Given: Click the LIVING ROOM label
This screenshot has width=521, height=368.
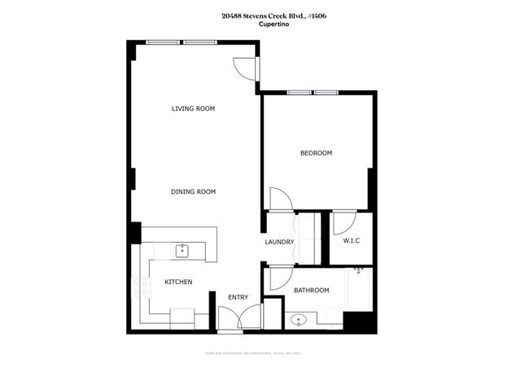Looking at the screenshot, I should click(x=193, y=108).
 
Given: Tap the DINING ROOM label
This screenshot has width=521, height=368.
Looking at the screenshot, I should click(x=193, y=191).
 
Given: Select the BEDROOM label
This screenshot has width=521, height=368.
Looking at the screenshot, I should click(x=316, y=153).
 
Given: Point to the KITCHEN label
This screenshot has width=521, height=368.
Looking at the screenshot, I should click(x=178, y=282).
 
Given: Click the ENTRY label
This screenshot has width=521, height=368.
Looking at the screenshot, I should click(x=238, y=297).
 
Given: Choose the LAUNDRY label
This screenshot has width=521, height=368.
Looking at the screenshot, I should click(x=278, y=242).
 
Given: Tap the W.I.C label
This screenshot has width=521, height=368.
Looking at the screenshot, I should click(x=352, y=241).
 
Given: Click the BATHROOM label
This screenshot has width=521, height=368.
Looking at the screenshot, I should click(x=311, y=291).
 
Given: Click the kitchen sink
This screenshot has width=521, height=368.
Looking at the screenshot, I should click(x=182, y=250).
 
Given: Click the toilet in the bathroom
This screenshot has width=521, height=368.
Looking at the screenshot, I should click(x=334, y=316).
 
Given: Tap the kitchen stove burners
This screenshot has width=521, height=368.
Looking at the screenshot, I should click(x=137, y=287).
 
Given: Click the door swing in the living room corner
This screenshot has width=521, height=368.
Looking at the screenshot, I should click(x=243, y=68).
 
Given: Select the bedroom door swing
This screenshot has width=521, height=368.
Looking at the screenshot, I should click(x=278, y=199).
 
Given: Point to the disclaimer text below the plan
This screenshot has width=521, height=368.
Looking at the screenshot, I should click(x=260, y=353).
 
